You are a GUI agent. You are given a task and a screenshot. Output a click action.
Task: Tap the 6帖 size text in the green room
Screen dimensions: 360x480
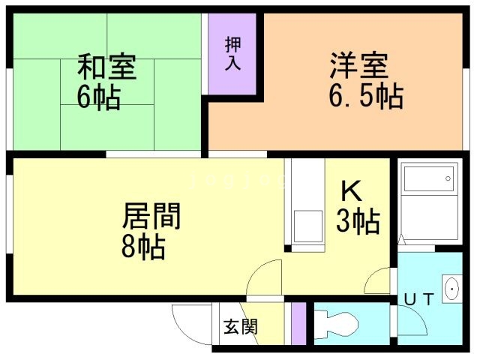click(x=97, y=97)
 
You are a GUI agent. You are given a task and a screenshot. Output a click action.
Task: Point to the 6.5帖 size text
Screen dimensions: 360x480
click(x=365, y=96)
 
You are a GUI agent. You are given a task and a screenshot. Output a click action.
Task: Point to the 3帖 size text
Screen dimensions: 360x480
click(x=358, y=222)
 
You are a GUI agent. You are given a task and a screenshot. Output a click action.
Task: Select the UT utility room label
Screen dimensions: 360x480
click(x=418, y=300)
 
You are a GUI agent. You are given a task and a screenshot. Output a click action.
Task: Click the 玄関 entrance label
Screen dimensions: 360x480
click(x=240, y=327)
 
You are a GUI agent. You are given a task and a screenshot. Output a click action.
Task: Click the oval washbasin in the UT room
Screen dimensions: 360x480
click(x=452, y=289)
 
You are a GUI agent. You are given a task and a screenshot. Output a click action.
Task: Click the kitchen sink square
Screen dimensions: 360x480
click(x=306, y=226)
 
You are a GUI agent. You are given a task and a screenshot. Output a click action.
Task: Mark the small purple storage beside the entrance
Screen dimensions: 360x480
click(x=298, y=322)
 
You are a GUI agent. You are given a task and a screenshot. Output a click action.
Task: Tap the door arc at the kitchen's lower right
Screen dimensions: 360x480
click(x=377, y=283)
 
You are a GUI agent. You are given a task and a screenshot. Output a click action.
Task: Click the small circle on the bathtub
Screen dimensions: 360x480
click(x=448, y=178)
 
